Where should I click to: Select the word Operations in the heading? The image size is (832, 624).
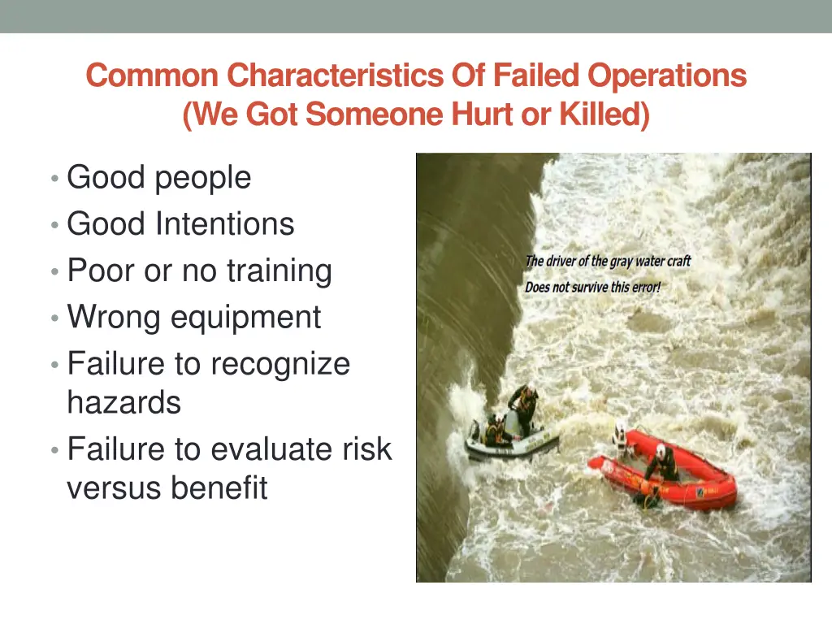tap(667, 76)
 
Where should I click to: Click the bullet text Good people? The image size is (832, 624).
tap(158, 177)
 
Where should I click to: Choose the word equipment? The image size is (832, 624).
tap(245, 318)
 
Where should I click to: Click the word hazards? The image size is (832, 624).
tap(123, 401)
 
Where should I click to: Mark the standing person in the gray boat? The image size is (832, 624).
tap(524, 406)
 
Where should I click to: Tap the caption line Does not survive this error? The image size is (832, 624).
tap(592, 287)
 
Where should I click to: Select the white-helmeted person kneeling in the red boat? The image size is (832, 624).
tap(662, 462)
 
